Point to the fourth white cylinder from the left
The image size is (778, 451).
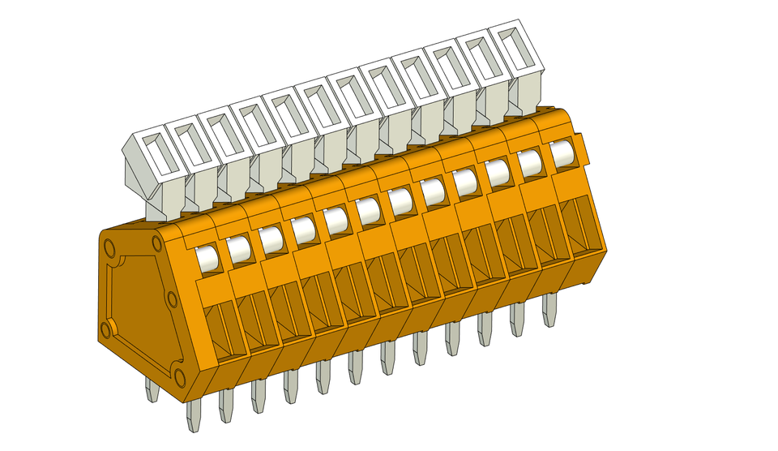click(303, 230)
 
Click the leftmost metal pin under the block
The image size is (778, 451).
click(152, 390)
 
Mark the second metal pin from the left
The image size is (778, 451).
click(194, 414)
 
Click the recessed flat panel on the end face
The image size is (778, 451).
click(138, 308)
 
